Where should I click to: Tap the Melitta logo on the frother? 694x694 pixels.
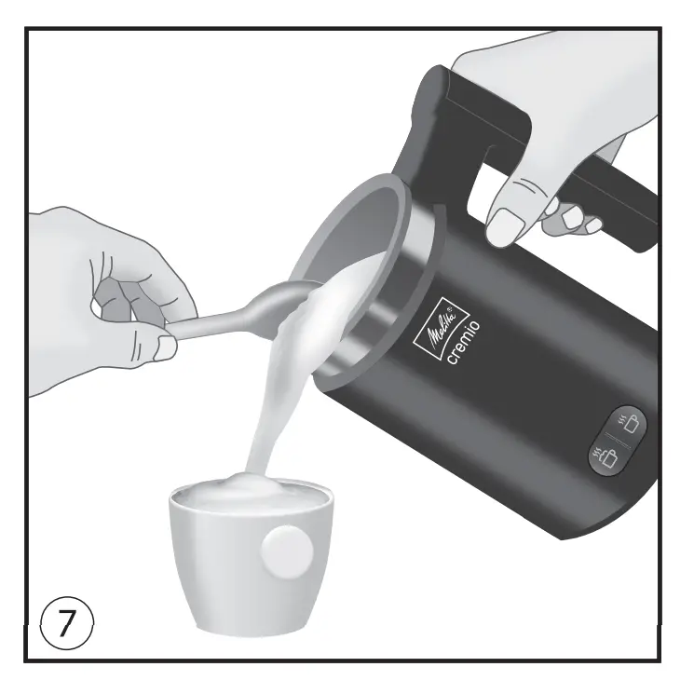(435, 325)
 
